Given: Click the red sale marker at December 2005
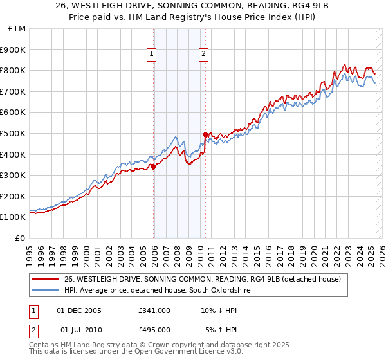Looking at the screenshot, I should [x=154, y=166].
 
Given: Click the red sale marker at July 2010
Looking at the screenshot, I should [x=205, y=134].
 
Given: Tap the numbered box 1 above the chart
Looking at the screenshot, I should [x=151, y=55].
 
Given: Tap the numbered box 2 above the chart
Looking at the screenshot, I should [x=203, y=55].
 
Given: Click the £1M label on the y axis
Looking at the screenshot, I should [x=17, y=29].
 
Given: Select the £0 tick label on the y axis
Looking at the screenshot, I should [x=21, y=238].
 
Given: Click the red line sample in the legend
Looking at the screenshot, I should [x=46, y=279].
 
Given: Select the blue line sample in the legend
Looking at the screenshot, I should [x=46, y=290].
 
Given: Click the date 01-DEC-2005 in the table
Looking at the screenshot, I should [x=79, y=310].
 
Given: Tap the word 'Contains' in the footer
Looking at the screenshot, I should [x=44, y=346].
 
